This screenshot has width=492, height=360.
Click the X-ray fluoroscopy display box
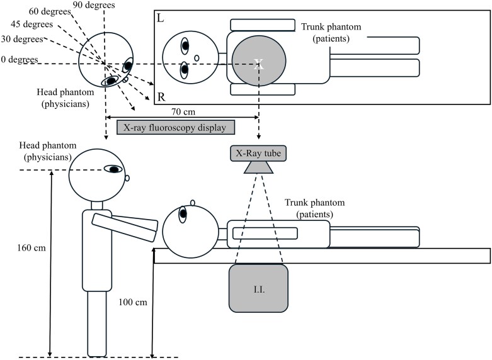click(176, 127)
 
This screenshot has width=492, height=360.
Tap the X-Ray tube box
click(258, 154)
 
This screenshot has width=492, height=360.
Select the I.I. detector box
click(258, 288)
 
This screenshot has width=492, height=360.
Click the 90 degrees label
click(93, 5)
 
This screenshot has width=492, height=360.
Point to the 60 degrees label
click(50, 12)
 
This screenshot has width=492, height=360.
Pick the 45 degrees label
click(31, 24)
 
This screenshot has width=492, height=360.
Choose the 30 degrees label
click(22, 39)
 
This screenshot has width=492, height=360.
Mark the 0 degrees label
click(20, 59)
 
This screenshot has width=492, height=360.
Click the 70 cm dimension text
click(183, 111)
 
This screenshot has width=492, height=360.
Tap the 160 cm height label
click(31, 248)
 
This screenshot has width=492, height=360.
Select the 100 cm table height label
click(133, 302)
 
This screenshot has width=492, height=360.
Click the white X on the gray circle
click(259, 64)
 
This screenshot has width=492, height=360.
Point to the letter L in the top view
click(160, 18)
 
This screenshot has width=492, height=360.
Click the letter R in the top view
click(161, 97)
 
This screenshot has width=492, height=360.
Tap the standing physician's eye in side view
click(113, 169)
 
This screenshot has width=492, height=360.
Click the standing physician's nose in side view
click(127, 178)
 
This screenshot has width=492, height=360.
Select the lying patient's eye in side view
click(183, 215)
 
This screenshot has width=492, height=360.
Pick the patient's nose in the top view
click(197, 58)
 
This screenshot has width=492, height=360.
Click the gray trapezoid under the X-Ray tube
click(258, 167)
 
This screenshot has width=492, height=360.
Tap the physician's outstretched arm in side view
click(125, 227)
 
